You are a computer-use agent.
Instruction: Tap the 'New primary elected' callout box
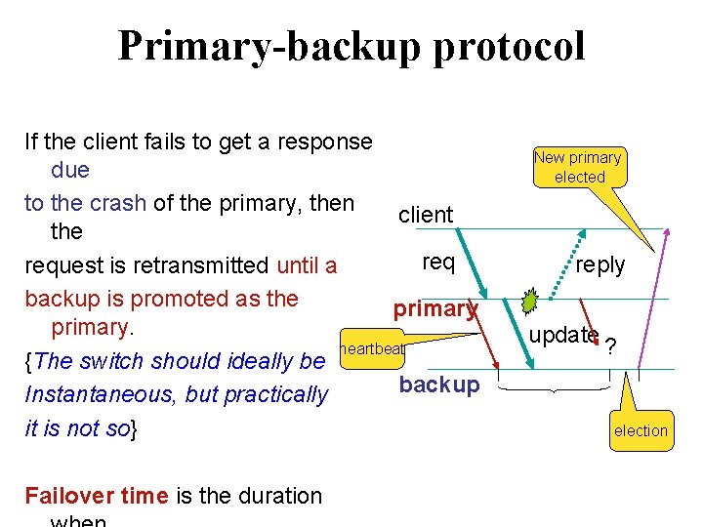click(578, 167)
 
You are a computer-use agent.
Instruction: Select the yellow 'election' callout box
click(641, 430)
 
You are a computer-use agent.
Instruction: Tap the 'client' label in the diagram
click(426, 215)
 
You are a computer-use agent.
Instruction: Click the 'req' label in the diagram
click(438, 262)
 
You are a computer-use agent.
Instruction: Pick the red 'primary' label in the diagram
click(434, 309)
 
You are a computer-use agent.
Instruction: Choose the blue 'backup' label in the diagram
click(439, 385)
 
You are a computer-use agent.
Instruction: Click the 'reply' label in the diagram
click(600, 265)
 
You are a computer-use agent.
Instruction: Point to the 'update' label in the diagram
click(563, 335)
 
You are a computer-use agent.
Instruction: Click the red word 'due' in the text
click(69, 170)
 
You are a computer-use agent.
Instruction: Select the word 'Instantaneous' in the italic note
click(92, 394)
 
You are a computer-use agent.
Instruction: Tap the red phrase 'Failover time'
click(97, 496)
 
